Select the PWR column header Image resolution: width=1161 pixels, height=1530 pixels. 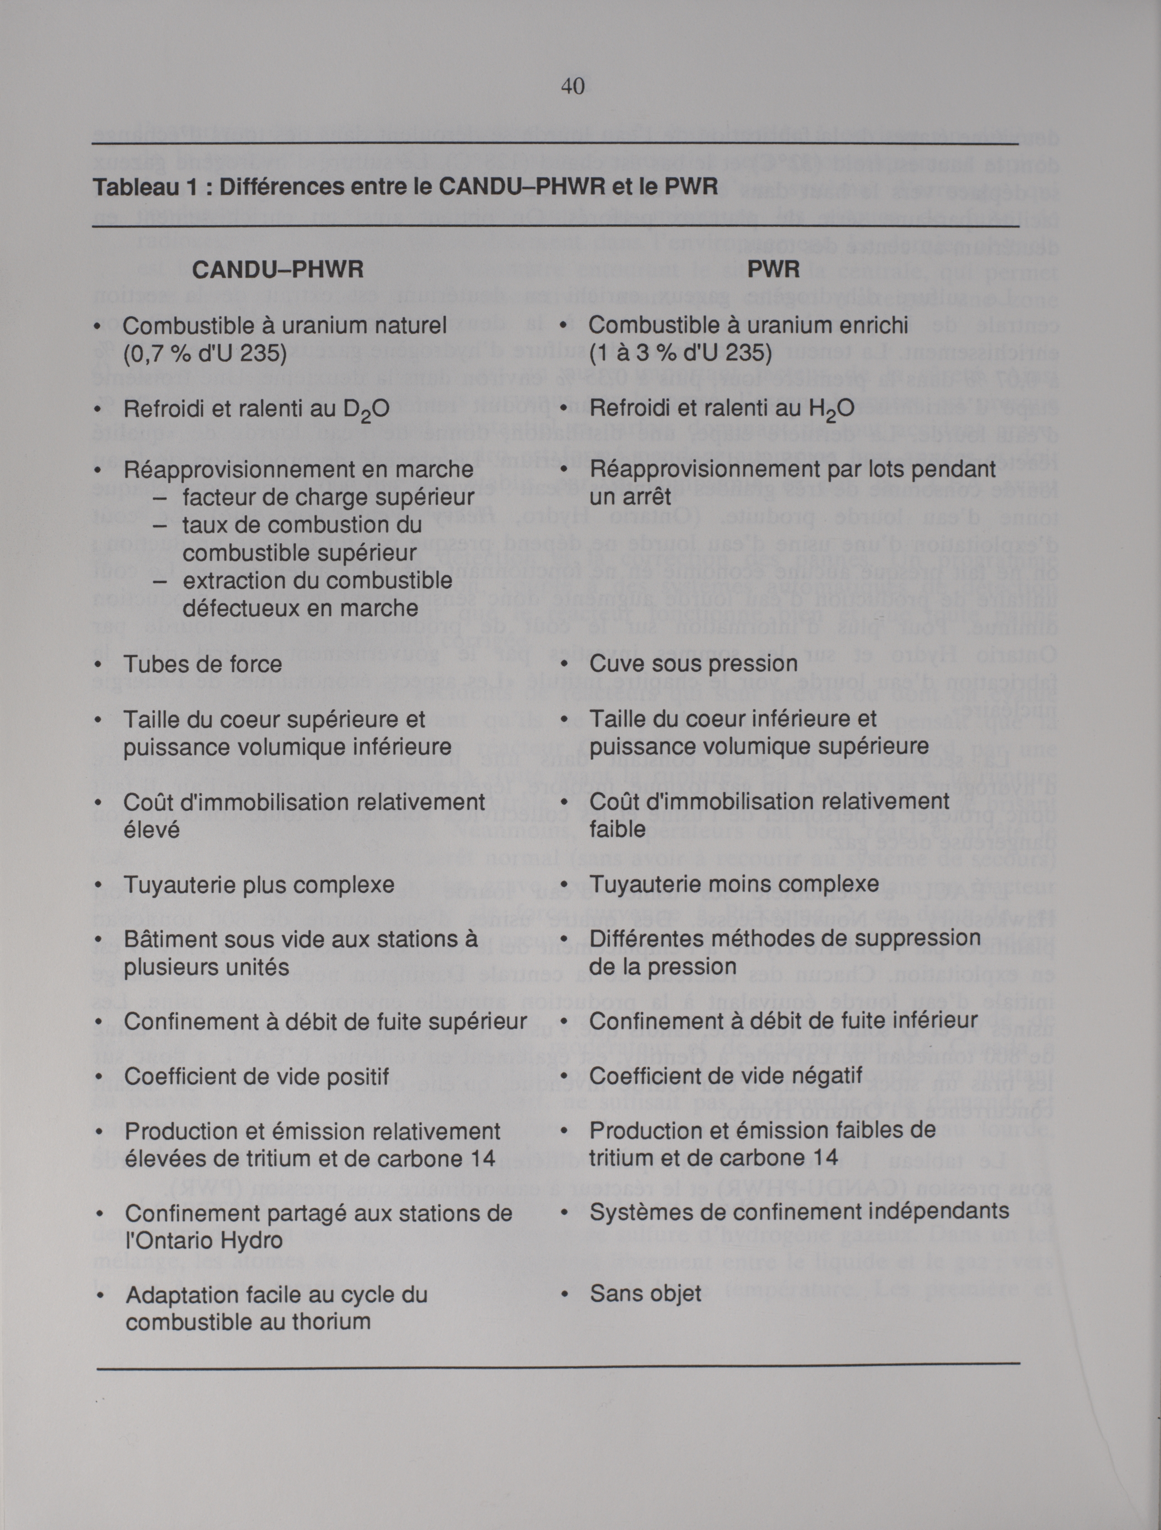(x=773, y=269)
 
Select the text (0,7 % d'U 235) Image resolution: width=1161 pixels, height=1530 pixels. (x=205, y=353)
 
